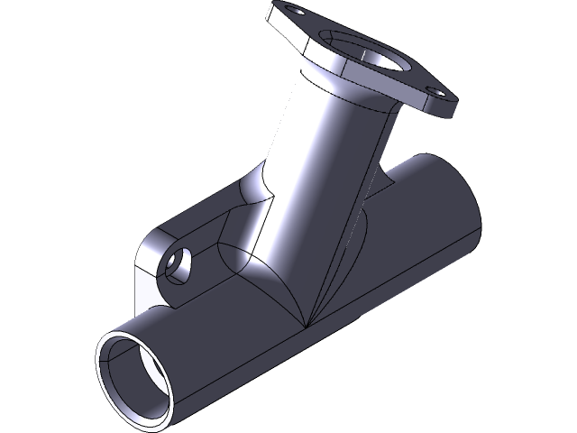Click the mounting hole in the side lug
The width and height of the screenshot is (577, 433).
(177, 265)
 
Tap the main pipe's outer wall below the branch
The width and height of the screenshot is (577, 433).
(270, 352)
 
